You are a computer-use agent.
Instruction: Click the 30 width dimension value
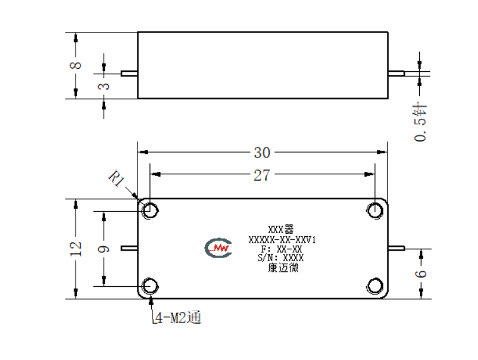point(262,152)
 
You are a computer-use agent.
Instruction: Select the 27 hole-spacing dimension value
point(262,175)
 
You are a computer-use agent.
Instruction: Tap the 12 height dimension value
point(76,249)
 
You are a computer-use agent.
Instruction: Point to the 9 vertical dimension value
point(104,249)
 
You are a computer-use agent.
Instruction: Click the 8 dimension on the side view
point(76,65)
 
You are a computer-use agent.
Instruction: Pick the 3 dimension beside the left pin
point(104,86)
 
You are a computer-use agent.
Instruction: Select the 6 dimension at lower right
point(421,273)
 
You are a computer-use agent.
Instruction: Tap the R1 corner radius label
point(116,179)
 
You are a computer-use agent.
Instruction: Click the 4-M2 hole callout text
point(178,317)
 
